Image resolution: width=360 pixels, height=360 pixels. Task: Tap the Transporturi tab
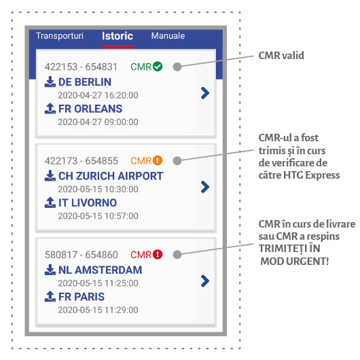[x=60, y=36]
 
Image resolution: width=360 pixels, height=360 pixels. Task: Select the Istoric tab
[x=118, y=36]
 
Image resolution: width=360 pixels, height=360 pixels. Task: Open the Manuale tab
[x=168, y=36]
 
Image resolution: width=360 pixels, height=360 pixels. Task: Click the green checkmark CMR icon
[x=158, y=67]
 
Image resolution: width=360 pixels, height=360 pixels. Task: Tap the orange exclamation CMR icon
[x=158, y=160]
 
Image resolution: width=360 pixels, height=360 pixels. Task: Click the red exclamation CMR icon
[x=158, y=255]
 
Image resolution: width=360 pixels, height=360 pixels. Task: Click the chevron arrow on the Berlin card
[x=205, y=93]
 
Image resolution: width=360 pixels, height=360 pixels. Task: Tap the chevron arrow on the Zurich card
[x=205, y=187]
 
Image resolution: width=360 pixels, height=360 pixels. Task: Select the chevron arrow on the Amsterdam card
[x=205, y=281]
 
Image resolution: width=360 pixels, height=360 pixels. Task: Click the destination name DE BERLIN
[x=85, y=82]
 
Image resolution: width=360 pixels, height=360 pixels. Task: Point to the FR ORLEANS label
[x=90, y=109]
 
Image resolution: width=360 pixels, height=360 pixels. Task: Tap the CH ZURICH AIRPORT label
[x=111, y=176]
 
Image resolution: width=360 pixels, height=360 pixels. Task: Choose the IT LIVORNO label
[x=88, y=202]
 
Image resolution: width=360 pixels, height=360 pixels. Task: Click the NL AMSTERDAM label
[x=100, y=270]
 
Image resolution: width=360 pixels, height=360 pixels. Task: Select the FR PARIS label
[x=82, y=297]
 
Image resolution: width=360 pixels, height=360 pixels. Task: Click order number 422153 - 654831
[x=81, y=67]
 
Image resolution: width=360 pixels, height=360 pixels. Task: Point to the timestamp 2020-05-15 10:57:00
[x=98, y=216]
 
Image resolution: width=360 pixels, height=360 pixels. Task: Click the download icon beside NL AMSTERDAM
[x=50, y=270]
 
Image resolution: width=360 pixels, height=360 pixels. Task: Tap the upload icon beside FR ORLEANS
[x=50, y=109]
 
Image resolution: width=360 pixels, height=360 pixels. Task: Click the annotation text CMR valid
[x=281, y=55]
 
